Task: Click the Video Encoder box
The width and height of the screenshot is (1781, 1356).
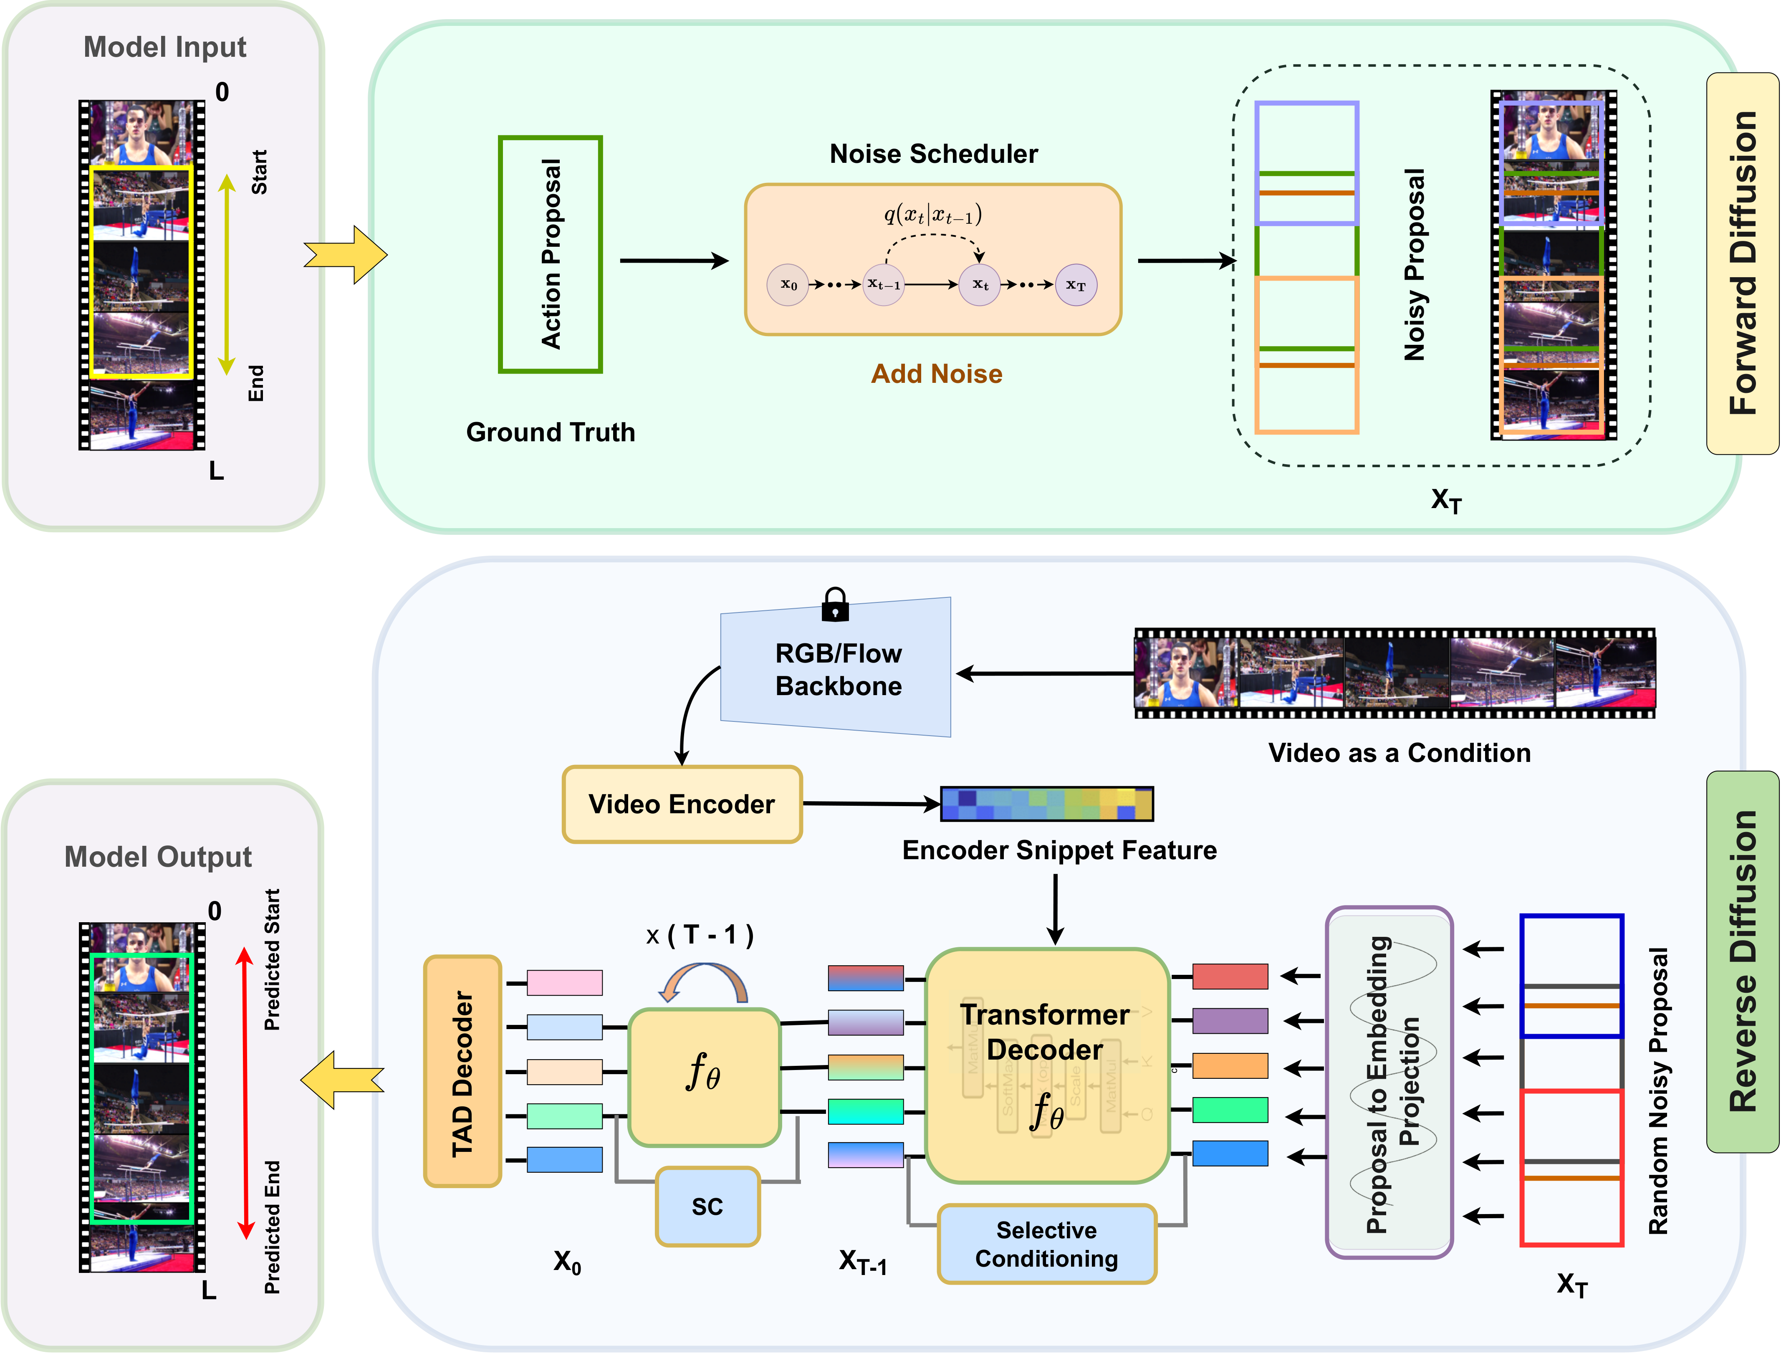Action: point(682,804)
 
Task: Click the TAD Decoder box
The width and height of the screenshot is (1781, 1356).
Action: point(462,1071)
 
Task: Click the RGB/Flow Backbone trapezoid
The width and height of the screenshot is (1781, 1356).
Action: point(838,668)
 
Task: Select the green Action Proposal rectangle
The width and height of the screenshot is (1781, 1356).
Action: point(551,254)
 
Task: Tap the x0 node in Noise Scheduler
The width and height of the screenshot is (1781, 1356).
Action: point(788,285)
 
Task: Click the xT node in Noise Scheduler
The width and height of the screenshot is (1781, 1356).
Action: point(1076,285)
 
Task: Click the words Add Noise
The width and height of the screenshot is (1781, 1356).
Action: point(936,374)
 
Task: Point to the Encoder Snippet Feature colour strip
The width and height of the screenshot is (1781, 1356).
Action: point(1047,804)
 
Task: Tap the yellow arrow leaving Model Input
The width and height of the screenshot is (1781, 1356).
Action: point(345,255)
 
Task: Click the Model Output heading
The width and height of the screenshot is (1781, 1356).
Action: point(158,856)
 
